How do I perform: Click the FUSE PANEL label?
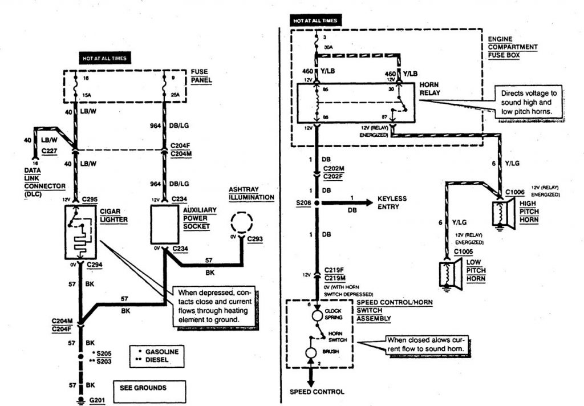[x=202, y=76]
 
